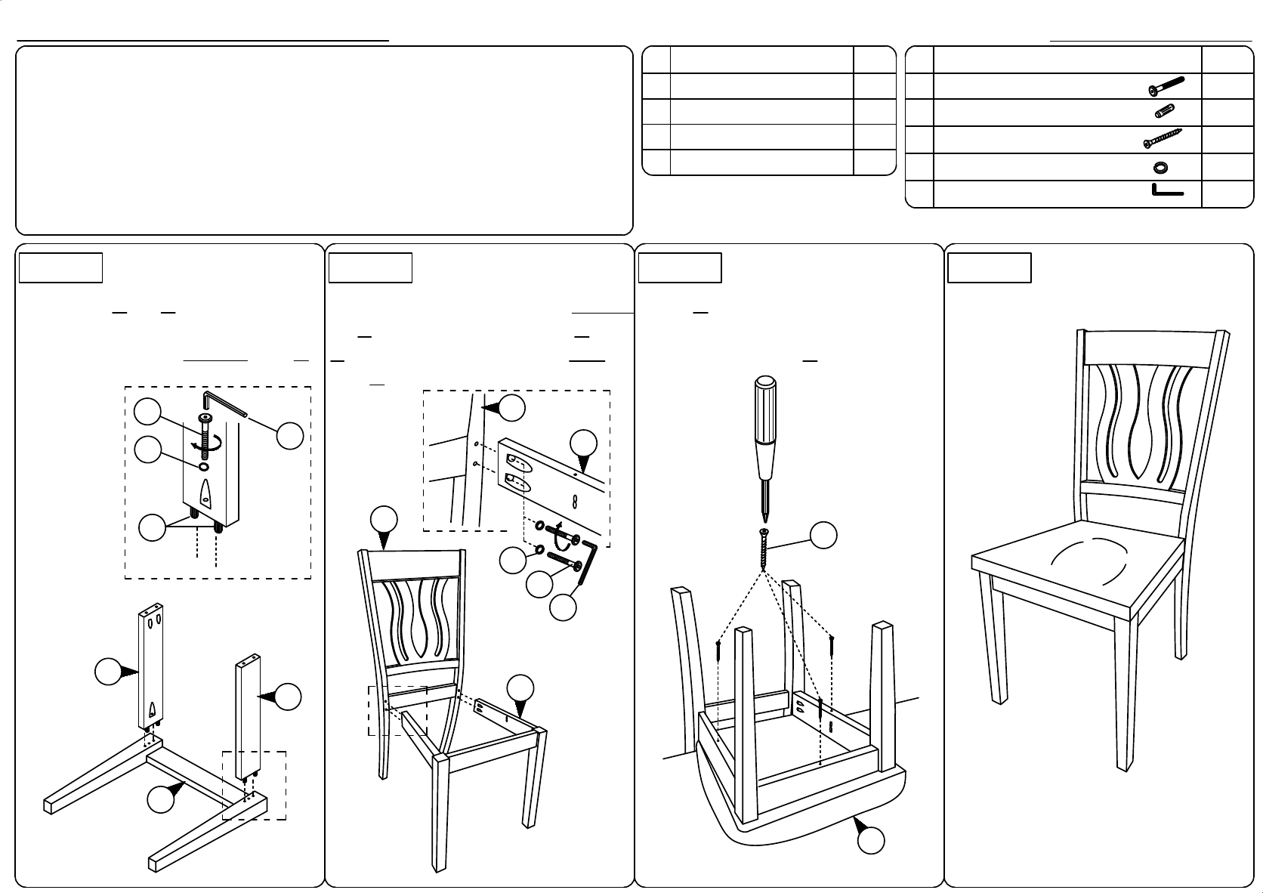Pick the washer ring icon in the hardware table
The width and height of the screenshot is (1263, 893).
[1162, 167]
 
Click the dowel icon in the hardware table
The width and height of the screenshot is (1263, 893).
[1164, 112]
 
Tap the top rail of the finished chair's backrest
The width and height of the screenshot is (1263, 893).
[1149, 350]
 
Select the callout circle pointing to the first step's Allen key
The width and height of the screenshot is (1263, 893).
[289, 435]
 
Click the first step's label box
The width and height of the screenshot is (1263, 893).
[61, 268]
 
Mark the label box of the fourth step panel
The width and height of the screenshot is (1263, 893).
[990, 268]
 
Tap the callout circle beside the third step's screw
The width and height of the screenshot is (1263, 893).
[823, 535]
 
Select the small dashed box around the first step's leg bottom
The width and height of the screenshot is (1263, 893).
[255, 786]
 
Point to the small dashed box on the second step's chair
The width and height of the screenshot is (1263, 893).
[397, 710]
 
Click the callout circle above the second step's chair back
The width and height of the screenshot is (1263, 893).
[384, 520]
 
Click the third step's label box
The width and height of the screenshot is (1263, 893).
[680, 268]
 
